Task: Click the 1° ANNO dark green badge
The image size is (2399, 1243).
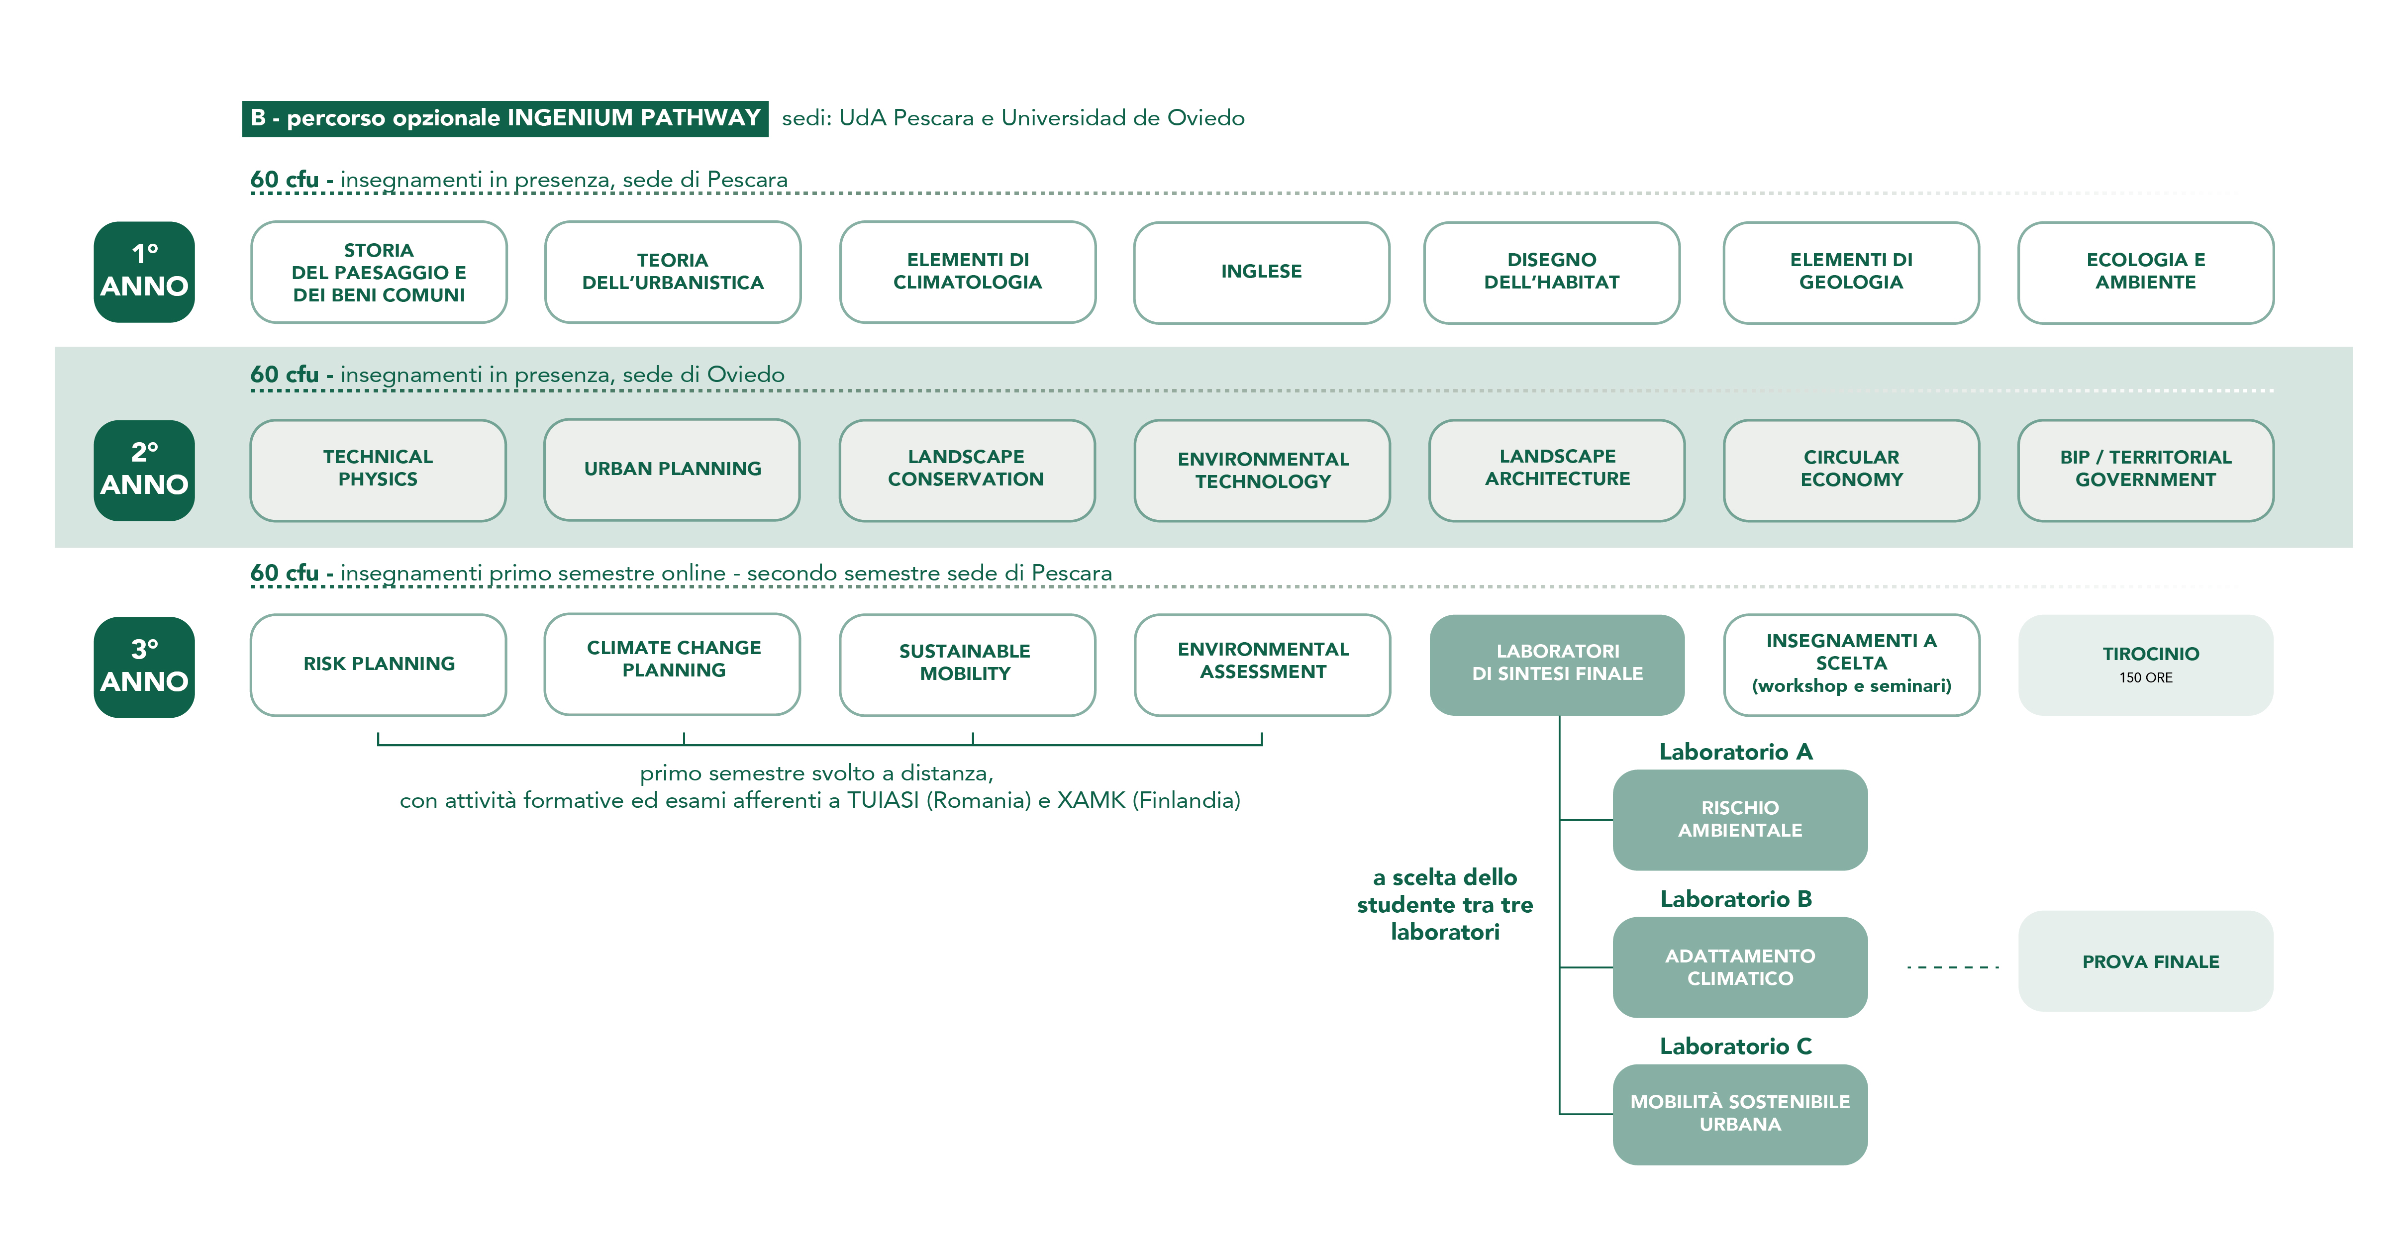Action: (144, 272)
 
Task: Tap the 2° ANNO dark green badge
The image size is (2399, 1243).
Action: (144, 470)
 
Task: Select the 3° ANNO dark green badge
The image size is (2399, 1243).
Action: (144, 667)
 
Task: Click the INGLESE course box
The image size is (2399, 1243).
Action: (1261, 272)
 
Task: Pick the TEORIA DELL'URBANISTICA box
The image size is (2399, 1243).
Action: (673, 272)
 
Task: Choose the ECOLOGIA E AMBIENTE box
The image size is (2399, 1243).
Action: (2146, 272)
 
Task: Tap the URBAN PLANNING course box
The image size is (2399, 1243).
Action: (673, 469)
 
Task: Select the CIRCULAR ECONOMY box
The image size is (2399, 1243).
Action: (1851, 470)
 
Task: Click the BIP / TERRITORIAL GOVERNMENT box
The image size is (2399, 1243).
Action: (2146, 470)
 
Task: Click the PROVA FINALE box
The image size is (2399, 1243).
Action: (2146, 961)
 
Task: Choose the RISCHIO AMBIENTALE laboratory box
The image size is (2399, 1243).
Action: (1740, 819)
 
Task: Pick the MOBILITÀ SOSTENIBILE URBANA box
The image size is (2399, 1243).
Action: (1740, 1114)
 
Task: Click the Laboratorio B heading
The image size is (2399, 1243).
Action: (1736, 898)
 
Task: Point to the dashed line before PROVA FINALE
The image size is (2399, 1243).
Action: (1953, 966)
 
